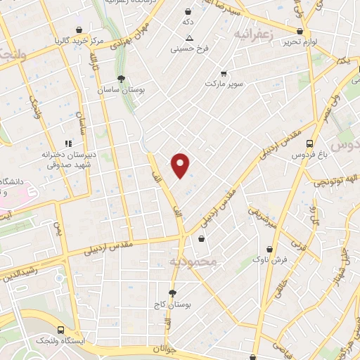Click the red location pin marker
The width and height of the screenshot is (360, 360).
pos(181,165)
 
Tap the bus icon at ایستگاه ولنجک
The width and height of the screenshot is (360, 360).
pos(61,329)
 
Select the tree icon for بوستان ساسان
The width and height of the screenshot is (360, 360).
pos(121,79)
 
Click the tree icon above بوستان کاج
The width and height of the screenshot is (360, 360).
pos(173,292)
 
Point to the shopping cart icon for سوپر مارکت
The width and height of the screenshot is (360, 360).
pos(224,73)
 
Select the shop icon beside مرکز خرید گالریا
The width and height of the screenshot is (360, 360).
pos(77,31)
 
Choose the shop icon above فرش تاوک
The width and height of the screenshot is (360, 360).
pos(270,249)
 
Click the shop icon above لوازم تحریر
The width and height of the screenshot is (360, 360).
pos(300,31)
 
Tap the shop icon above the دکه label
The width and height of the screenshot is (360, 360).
pos(188,11)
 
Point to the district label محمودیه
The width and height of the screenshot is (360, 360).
pos(195,262)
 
